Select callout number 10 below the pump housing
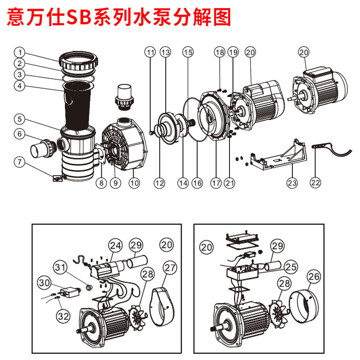[x=135, y=183]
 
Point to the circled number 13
[x=166, y=52]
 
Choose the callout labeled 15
[x=188, y=52]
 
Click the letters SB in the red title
[x=78, y=18]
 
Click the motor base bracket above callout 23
[x=277, y=155]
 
